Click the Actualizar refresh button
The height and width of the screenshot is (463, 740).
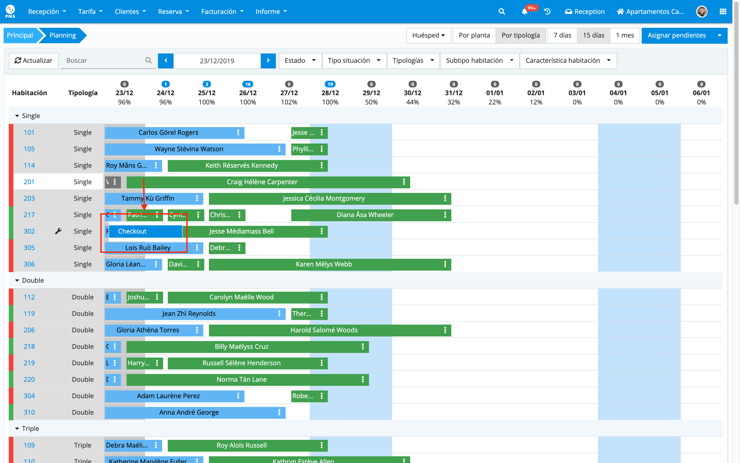(34, 61)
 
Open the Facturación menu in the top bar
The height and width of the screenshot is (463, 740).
(222, 12)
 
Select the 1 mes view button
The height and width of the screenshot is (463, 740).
(624, 35)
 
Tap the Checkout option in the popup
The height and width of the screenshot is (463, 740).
(145, 232)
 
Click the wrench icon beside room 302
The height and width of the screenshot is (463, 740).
(58, 231)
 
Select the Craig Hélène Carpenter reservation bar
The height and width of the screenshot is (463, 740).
(262, 182)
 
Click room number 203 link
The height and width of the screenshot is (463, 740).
(29, 198)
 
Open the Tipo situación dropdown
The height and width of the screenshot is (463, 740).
(354, 61)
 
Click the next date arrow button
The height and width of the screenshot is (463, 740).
(268, 61)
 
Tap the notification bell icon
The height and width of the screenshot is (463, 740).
(524, 12)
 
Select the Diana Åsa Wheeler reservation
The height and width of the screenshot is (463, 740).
(365, 215)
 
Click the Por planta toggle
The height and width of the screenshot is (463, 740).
(474, 35)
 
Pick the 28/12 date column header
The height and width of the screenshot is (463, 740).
(330, 93)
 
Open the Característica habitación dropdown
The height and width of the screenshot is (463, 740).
(568, 61)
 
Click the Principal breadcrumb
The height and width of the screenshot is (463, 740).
(20, 35)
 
